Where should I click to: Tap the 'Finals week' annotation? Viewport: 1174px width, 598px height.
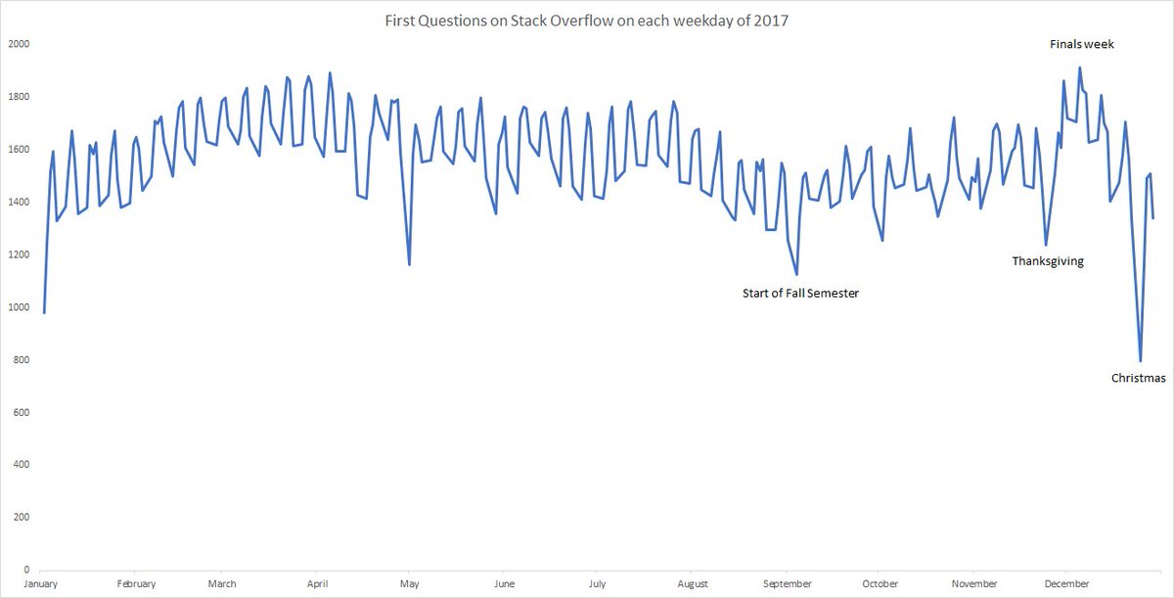(1081, 44)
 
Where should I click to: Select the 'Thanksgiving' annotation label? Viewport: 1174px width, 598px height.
(1047, 261)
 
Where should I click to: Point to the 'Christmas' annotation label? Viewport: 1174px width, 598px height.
(1139, 378)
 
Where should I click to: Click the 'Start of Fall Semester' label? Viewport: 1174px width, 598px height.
(800, 293)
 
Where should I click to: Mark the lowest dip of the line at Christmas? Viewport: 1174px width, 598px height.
(1140, 361)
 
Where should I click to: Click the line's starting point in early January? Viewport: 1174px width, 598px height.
(44, 312)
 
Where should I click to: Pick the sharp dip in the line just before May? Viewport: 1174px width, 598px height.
(409, 264)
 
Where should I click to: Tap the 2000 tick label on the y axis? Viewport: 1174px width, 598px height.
(19, 44)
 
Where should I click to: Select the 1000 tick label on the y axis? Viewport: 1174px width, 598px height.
(19, 307)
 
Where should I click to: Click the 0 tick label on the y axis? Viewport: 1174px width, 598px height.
(26, 570)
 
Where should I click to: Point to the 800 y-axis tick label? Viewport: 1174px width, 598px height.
(22, 360)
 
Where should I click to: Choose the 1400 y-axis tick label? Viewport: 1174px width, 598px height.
(19, 203)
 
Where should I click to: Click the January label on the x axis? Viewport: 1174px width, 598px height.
(42, 584)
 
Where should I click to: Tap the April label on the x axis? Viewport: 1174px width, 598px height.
(316, 584)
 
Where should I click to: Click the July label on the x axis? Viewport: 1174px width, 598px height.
(597, 584)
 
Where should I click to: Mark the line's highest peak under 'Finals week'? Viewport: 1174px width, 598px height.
(1079, 68)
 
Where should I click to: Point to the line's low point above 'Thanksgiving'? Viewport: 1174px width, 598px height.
(1046, 245)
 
